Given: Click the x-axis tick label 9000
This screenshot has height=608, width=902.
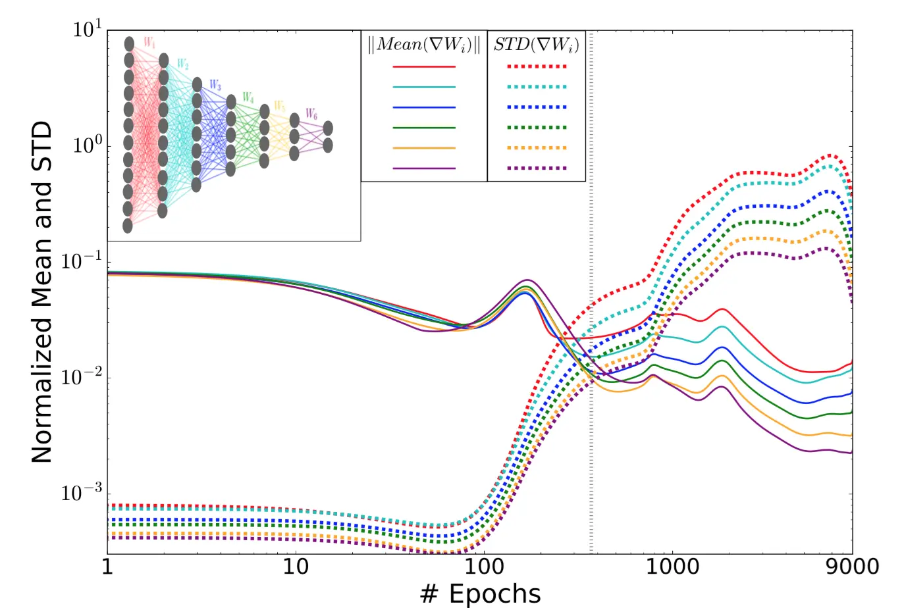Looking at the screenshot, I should coord(851,566).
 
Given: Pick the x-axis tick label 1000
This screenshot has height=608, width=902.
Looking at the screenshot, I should coord(672,566).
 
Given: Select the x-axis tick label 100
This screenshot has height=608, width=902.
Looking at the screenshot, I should coord(484,566).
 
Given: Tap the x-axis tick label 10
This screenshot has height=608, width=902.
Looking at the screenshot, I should coord(296,566).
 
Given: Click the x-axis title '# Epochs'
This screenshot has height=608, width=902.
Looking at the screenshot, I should coord(480,594).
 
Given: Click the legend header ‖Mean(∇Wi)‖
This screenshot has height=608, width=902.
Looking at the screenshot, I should coord(424,45).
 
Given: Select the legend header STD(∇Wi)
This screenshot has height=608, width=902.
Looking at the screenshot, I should coord(537,45).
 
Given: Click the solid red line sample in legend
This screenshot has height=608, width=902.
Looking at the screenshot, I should coord(424,66).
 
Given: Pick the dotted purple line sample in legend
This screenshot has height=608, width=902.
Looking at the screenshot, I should coord(537,168).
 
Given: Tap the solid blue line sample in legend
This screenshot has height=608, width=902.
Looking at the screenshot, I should coord(424,107).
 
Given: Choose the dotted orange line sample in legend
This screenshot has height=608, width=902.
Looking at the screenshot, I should coord(537,148).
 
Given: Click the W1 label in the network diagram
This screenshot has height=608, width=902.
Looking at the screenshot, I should coord(149,43).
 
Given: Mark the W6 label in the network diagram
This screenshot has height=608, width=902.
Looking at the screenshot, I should coord(311,115).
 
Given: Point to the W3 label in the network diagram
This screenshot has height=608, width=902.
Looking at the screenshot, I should coord(215,86).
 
